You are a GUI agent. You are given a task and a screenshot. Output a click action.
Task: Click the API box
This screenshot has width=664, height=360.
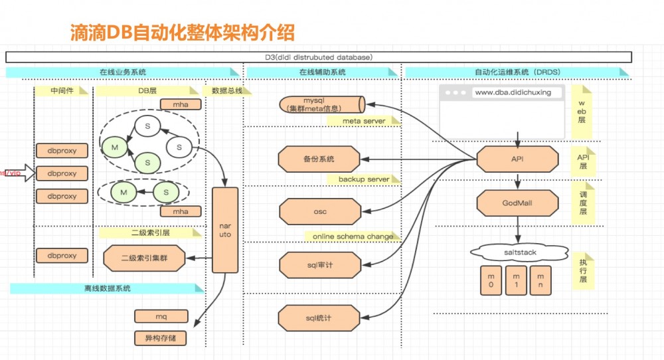(x=517, y=159)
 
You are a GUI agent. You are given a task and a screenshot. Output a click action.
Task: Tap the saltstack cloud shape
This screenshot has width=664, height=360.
(x=519, y=252)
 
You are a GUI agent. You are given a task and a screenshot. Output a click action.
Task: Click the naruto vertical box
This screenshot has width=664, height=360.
(x=224, y=230)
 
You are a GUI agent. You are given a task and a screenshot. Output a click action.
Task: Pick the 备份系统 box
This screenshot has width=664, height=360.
(x=319, y=159)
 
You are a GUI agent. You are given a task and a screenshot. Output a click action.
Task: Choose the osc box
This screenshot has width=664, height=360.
(x=319, y=212)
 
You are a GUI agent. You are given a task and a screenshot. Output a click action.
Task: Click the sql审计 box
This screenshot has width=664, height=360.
(x=319, y=264)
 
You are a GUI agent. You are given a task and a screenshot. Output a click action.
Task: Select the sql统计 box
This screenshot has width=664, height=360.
(x=319, y=317)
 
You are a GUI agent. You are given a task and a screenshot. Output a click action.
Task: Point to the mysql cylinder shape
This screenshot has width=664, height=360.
(x=321, y=104)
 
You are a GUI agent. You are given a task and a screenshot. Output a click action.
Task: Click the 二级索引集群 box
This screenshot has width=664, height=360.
(x=143, y=258)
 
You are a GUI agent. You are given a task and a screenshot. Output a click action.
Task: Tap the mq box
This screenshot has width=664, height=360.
(x=160, y=316)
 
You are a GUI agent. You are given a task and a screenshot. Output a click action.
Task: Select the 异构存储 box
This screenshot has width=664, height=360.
(x=160, y=337)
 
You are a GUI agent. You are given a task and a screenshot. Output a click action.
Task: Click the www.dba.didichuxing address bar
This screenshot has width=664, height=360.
(x=512, y=92)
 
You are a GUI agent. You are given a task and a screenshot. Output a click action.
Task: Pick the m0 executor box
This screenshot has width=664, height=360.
(x=490, y=280)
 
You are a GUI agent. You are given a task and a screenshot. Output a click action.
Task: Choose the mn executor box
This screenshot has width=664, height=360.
(x=540, y=280)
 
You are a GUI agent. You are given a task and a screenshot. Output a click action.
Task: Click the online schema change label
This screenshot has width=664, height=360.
(x=353, y=236)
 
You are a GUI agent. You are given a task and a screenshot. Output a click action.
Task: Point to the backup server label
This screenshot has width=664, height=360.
(x=365, y=179)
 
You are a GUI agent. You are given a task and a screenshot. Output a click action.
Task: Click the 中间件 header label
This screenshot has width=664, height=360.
(x=62, y=90)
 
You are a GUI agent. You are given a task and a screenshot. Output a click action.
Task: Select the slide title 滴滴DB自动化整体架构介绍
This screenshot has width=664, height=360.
(x=183, y=32)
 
